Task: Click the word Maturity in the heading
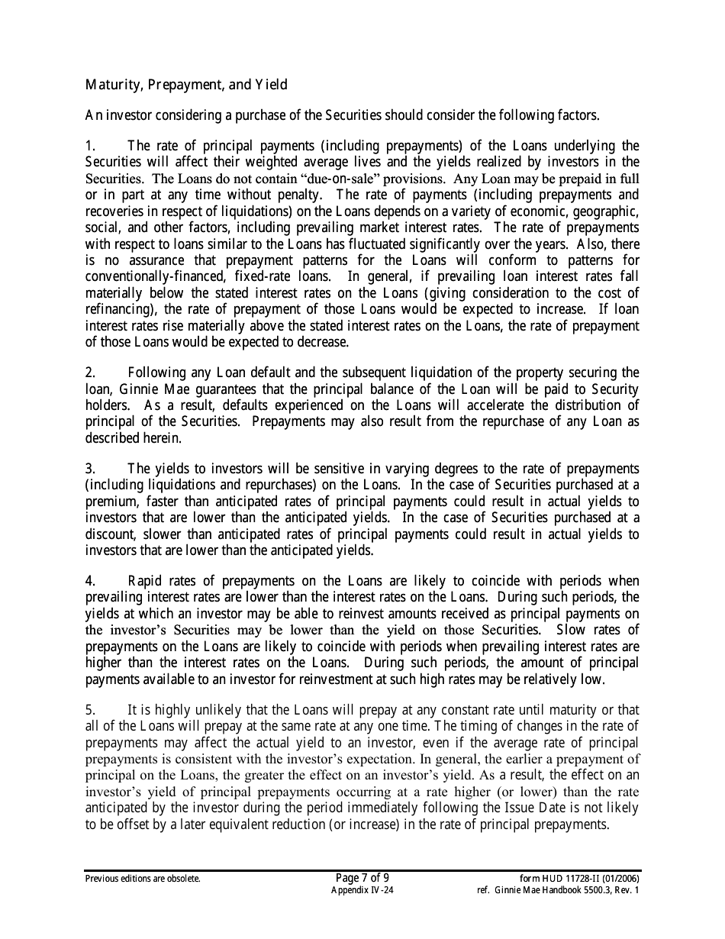110,84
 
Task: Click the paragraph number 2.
89,373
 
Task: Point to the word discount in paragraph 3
111,534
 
